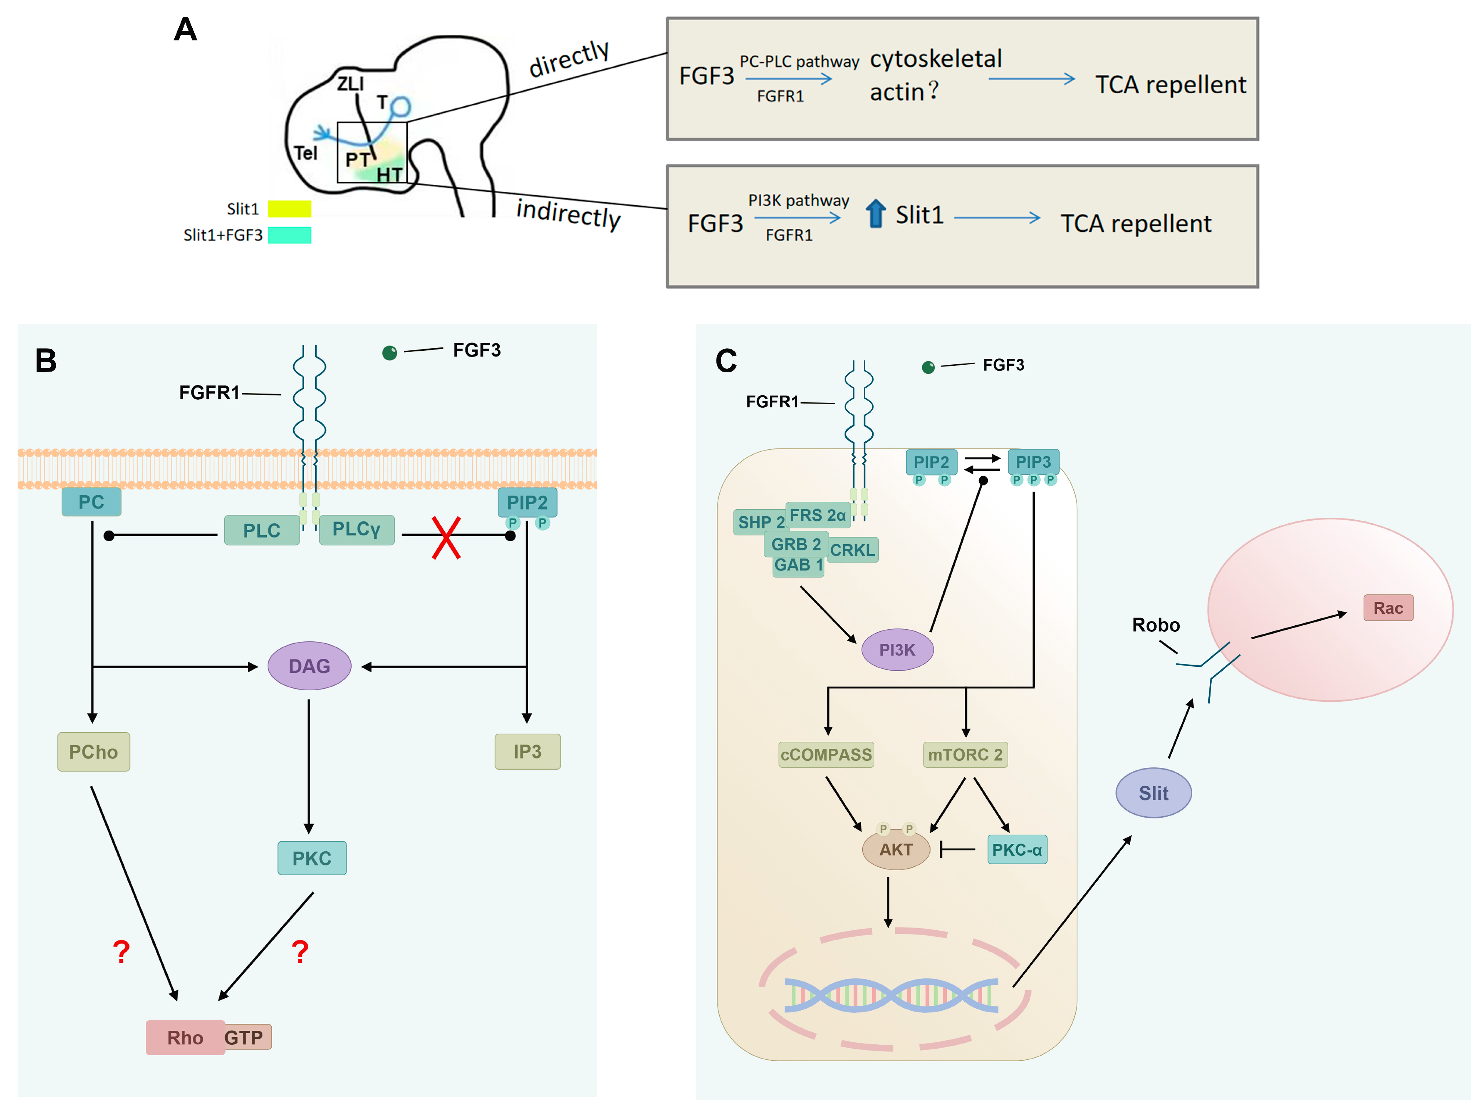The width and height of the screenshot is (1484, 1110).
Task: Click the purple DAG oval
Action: coord(309,666)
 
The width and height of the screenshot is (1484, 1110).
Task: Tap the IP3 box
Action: coord(527,752)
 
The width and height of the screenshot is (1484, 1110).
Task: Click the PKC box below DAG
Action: coord(312,858)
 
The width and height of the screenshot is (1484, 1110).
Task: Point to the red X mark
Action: coord(446,538)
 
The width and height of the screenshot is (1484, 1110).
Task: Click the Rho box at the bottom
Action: coord(185,1038)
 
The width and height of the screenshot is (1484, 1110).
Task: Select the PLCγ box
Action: coord(357,529)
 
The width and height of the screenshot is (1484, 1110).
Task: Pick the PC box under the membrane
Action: coord(91,502)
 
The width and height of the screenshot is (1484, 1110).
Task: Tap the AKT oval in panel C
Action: coord(896,850)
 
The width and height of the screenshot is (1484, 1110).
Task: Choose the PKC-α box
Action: coord(1017,850)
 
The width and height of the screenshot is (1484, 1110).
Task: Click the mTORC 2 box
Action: coord(965,754)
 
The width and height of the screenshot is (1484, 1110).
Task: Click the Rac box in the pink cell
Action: coord(1388,608)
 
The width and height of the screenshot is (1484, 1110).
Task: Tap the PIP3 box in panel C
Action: coord(1033,462)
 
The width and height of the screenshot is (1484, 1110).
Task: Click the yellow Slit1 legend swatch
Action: coord(289,209)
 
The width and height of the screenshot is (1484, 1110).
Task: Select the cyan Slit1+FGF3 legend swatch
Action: coord(289,235)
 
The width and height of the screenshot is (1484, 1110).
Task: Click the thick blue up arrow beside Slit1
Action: coord(875,213)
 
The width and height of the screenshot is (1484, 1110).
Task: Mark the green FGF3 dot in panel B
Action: coord(390,353)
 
